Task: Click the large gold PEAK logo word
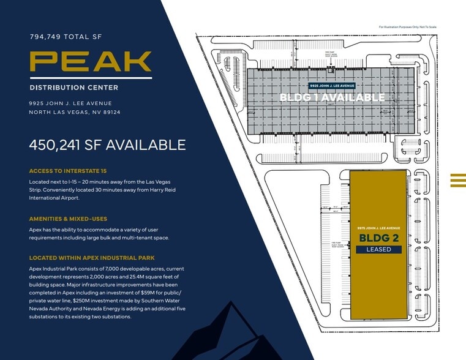(x=91, y=61)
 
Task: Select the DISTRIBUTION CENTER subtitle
(x=73, y=88)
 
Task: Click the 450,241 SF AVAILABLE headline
(x=107, y=145)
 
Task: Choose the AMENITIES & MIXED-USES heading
(x=69, y=219)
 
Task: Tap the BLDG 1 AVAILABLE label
(x=332, y=97)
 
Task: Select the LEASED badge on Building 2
(x=378, y=249)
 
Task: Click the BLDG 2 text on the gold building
(x=378, y=238)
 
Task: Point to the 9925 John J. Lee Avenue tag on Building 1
(x=331, y=86)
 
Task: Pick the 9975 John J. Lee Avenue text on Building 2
(x=378, y=228)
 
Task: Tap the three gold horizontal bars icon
(x=457, y=179)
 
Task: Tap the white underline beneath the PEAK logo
(x=91, y=78)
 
